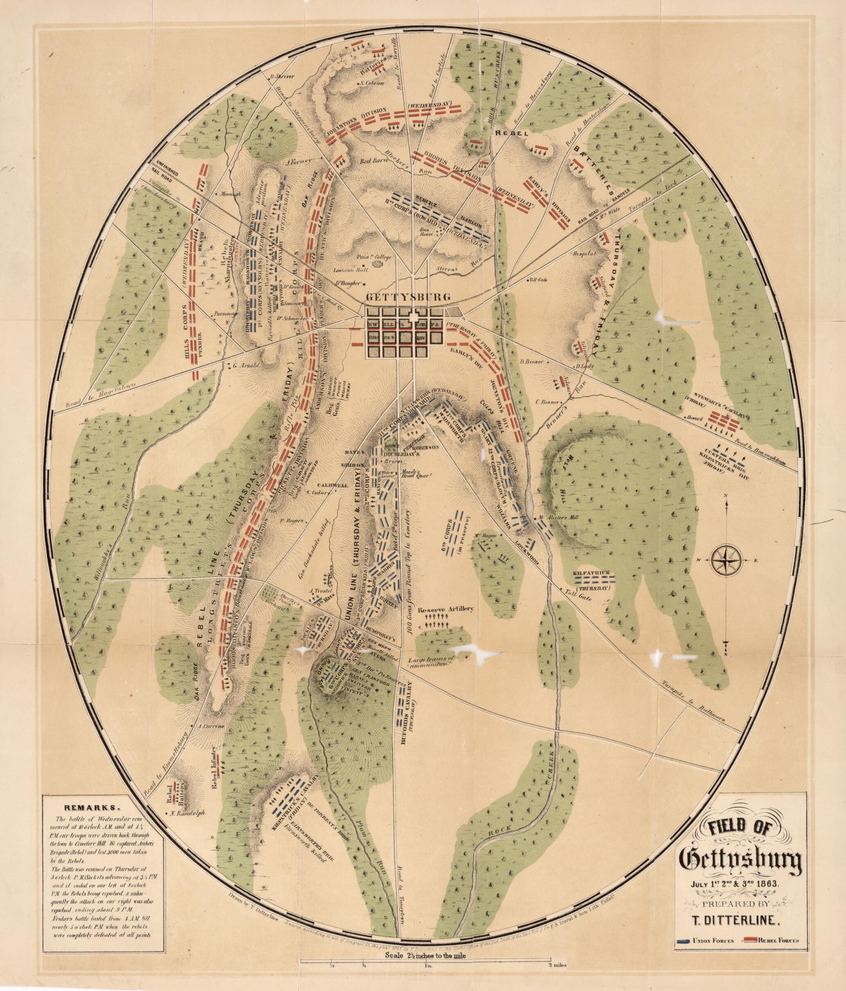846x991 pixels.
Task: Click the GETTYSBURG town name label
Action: [408, 296]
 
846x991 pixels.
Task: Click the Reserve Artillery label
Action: [445, 609]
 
